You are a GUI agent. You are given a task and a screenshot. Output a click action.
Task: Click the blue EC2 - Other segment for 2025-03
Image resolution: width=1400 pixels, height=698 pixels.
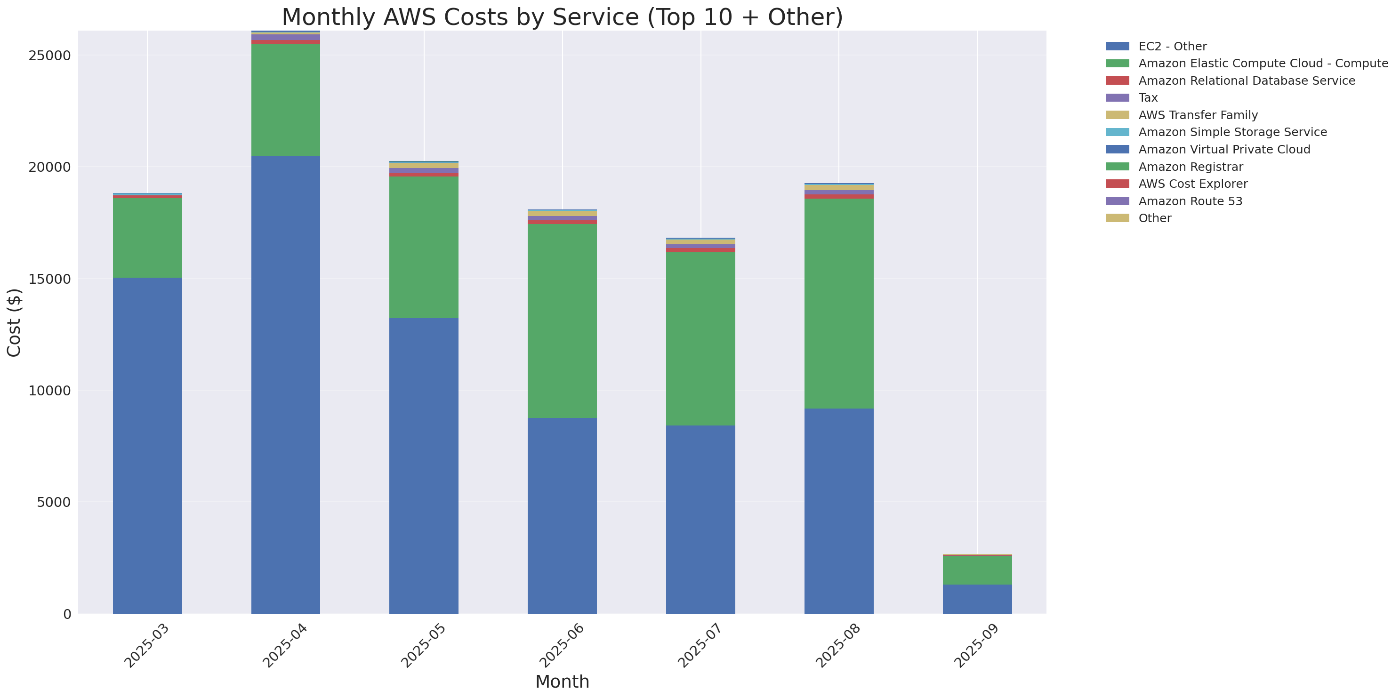147,445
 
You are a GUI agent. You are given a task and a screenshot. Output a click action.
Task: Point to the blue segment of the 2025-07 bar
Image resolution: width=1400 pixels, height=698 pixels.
700,519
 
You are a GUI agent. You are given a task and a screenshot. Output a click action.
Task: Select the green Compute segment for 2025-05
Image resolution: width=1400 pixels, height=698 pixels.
424,247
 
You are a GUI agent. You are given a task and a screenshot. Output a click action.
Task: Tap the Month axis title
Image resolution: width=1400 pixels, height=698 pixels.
562,681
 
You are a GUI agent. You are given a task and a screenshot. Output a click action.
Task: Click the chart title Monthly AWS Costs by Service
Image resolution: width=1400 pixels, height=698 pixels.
562,17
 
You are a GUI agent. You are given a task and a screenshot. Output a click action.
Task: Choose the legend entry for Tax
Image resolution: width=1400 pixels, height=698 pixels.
1148,98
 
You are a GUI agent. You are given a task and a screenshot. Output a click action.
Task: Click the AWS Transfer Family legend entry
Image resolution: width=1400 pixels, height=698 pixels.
1198,115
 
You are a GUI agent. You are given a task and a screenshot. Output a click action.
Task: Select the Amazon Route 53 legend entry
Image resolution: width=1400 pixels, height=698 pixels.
1190,201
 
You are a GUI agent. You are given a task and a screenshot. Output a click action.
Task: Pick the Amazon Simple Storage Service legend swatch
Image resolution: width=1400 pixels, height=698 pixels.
1118,132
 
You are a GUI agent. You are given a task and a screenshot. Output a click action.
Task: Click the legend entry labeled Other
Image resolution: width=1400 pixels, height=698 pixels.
1154,218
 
